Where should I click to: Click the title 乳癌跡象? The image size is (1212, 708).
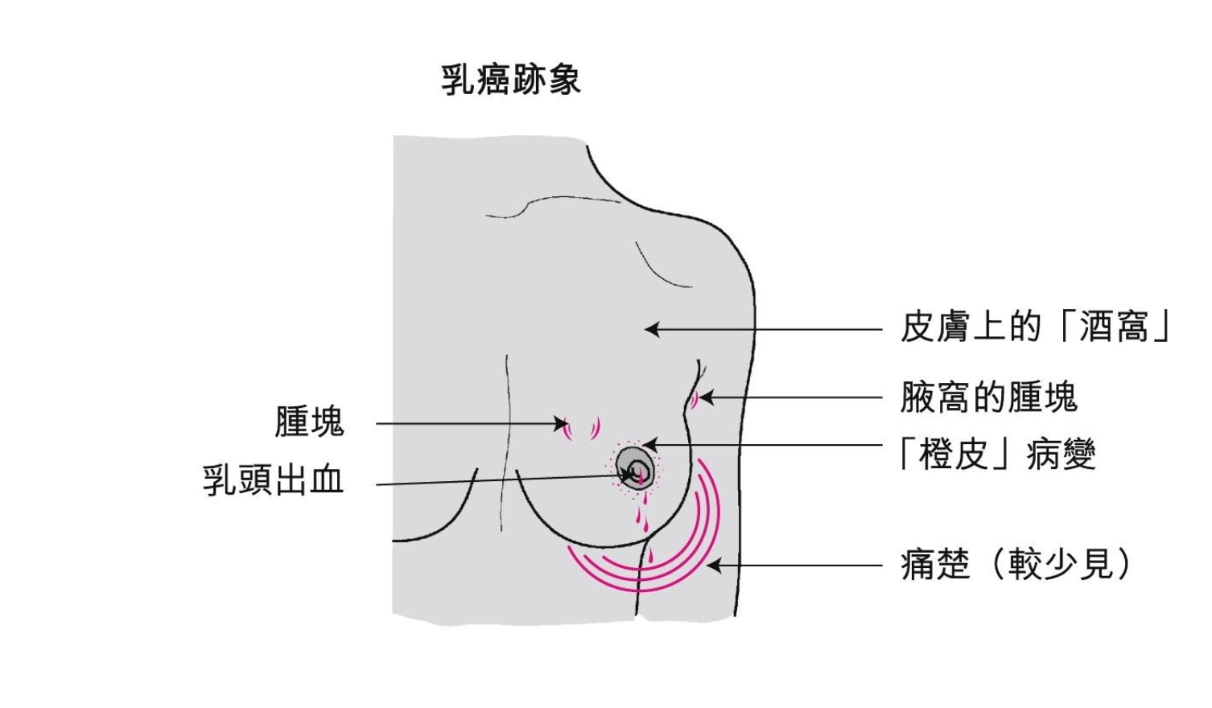coord(510,80)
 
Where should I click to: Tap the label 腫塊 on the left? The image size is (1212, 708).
coord(309,422)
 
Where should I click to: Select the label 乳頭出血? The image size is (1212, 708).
coord(273,480)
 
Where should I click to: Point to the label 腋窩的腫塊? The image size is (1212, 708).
coord(988,397)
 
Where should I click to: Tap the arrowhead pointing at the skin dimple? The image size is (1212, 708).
coord(650,329)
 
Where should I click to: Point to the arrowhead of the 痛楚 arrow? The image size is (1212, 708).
coord(711,566)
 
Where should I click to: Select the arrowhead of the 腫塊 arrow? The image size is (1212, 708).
coord(563,424)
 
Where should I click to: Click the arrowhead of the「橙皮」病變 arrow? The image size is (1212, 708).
coord(649,445)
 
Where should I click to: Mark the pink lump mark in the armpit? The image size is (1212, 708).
coord(692,399)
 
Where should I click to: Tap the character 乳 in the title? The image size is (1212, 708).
coord(456,80)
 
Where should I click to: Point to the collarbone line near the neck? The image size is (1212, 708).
coord(555,201)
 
